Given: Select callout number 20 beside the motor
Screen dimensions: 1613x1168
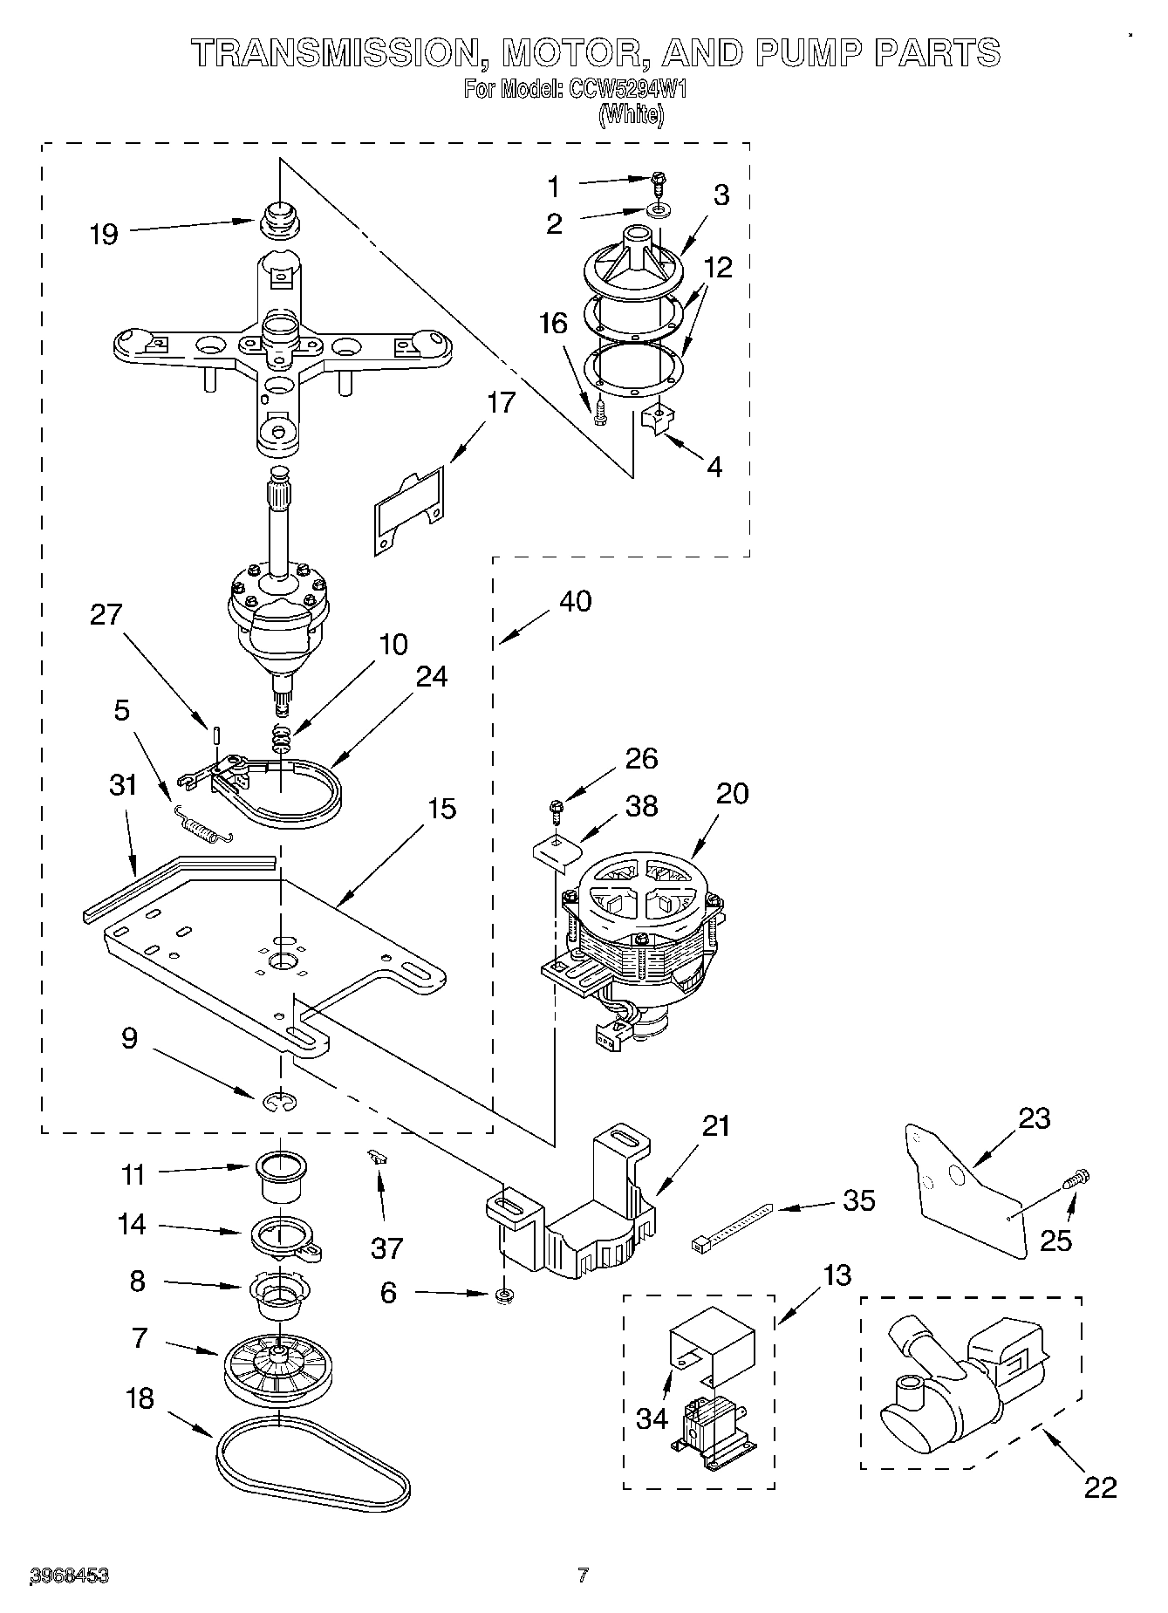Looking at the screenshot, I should point(732,793).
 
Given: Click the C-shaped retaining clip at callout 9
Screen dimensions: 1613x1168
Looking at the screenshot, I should point(281,1103).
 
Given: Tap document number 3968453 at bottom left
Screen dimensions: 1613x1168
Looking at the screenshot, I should point(70,1575).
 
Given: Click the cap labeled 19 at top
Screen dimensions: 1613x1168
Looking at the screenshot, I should point(280,218).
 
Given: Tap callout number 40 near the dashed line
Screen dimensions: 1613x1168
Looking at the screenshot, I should point(575,600).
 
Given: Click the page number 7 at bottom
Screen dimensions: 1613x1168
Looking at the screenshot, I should point(583,1575).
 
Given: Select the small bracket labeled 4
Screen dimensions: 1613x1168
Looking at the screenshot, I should point(654,420).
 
